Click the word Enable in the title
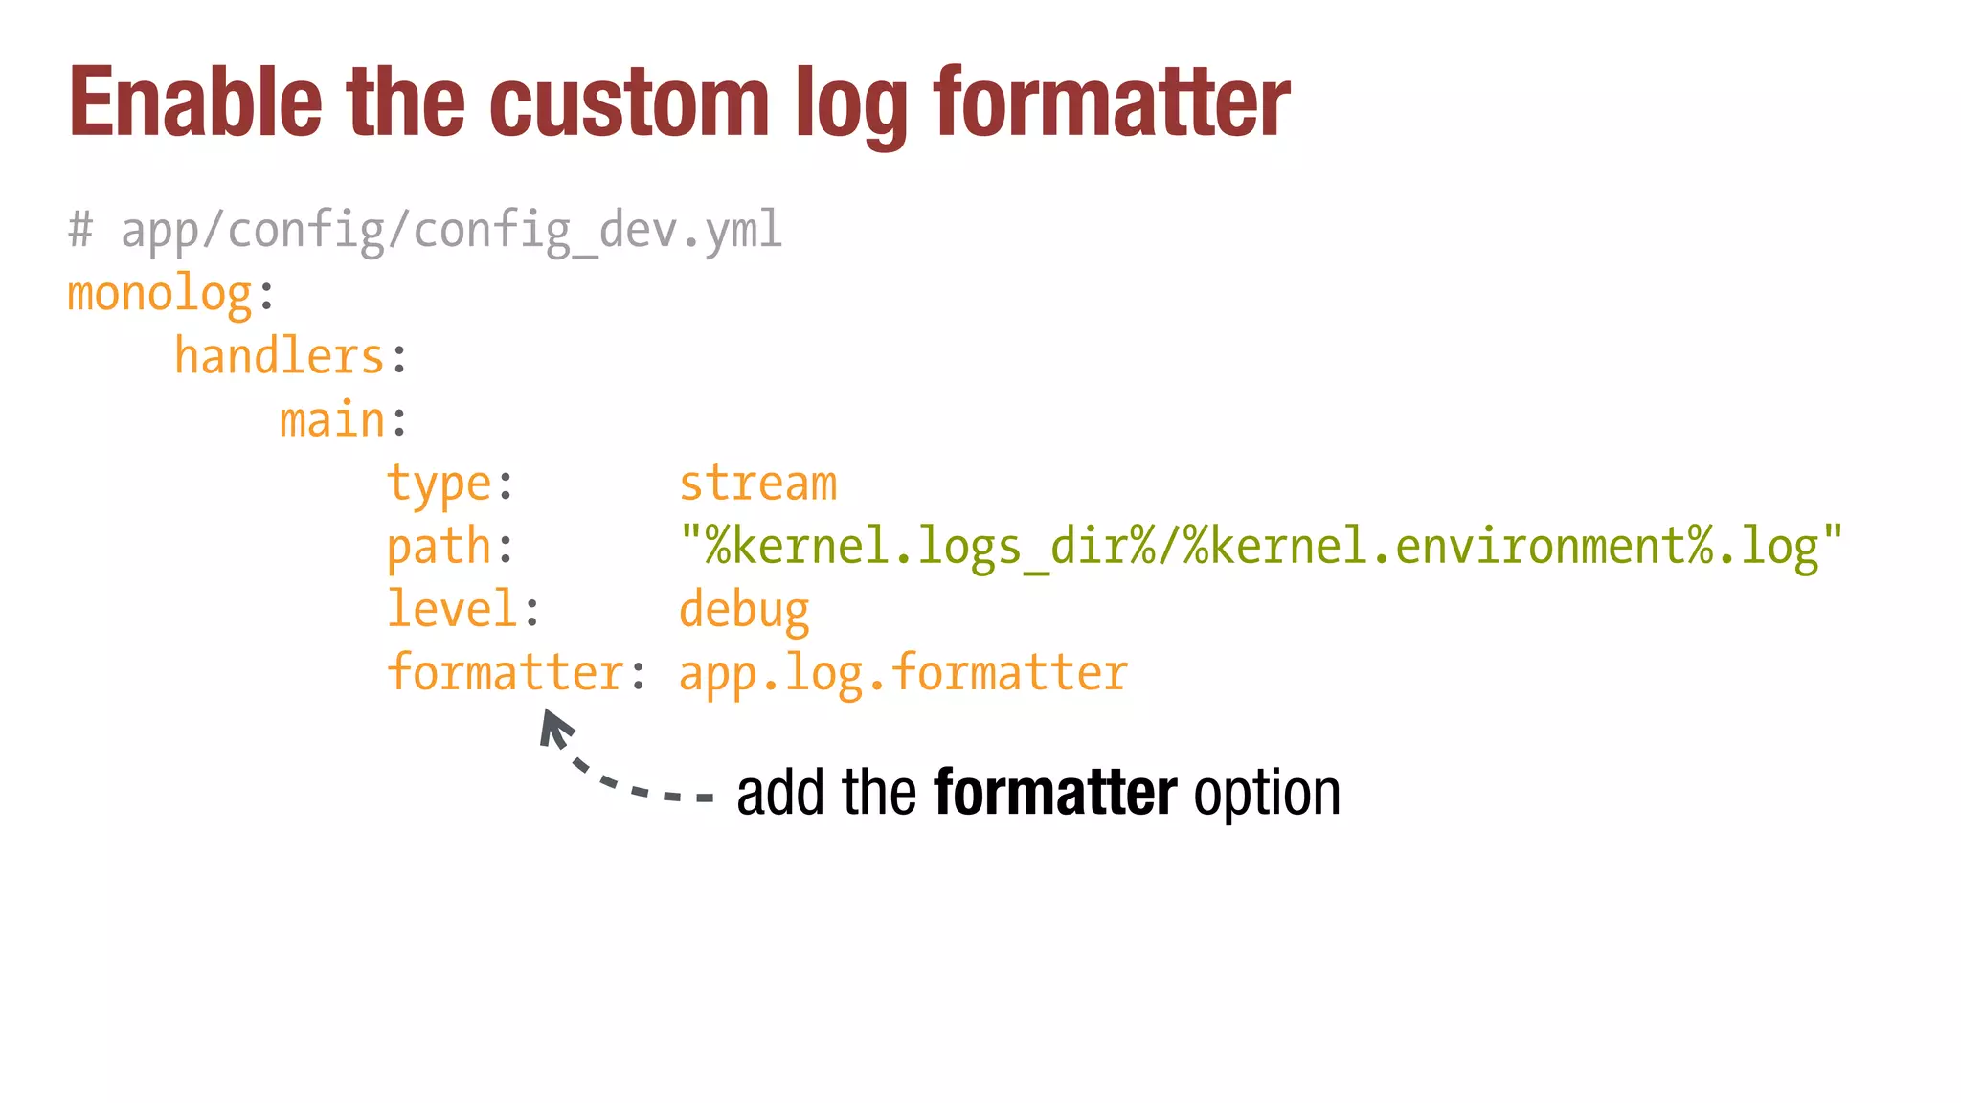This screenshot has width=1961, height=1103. (x=195, y=102)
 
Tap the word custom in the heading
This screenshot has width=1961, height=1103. (x=629, y=102)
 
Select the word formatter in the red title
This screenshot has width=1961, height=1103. (x=1112, y=102)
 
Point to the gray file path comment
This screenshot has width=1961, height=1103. (x=425, y=231)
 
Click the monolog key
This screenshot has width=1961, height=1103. (x=160, y=294)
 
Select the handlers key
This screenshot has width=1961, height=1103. (x=280, y=357)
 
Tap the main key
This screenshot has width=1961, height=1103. (x=332, y=420)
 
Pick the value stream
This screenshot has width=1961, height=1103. (x=758, y=484)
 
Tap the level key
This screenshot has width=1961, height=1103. (x=452, y=610)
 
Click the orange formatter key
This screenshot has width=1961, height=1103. (x=506, y=672)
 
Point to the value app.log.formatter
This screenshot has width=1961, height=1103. (x=903, y=673)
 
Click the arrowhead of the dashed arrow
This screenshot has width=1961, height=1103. (x=553, y=726)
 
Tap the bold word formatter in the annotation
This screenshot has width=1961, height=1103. (x=1055, y=793)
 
